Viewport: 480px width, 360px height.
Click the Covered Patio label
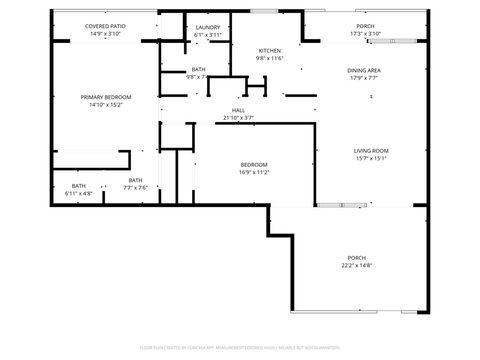point(104,27)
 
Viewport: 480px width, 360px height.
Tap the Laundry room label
point(208,27)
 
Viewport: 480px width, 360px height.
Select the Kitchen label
point(271,51)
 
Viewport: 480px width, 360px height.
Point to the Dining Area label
point(363,70)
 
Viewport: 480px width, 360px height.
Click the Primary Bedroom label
point(105,97)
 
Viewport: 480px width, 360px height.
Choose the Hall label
point(239,111)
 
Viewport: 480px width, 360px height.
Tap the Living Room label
point(343,151)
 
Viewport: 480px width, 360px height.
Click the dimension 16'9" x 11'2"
point(254,172)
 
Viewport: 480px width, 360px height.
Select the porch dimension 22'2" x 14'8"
point(358,265)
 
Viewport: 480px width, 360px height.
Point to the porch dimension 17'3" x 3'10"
point(366,34)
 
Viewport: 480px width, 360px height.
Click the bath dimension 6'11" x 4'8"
point(78,193)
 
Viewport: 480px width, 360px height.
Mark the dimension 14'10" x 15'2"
point(105,104)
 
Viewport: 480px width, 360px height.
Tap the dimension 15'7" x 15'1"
point(343,158)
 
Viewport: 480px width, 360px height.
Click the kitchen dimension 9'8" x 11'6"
point(271,58)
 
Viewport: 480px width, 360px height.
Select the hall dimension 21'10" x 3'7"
point(239,118)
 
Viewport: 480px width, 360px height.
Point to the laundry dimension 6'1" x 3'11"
point(208,34)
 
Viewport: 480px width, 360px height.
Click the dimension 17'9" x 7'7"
point(363,77)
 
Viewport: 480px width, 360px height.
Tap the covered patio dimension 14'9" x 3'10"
point(104,34)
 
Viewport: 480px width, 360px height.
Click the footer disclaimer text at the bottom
point(240,348)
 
